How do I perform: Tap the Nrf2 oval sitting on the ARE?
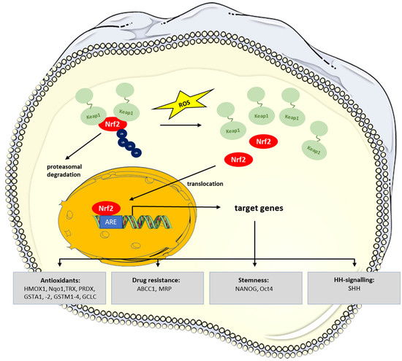point(107,209)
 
